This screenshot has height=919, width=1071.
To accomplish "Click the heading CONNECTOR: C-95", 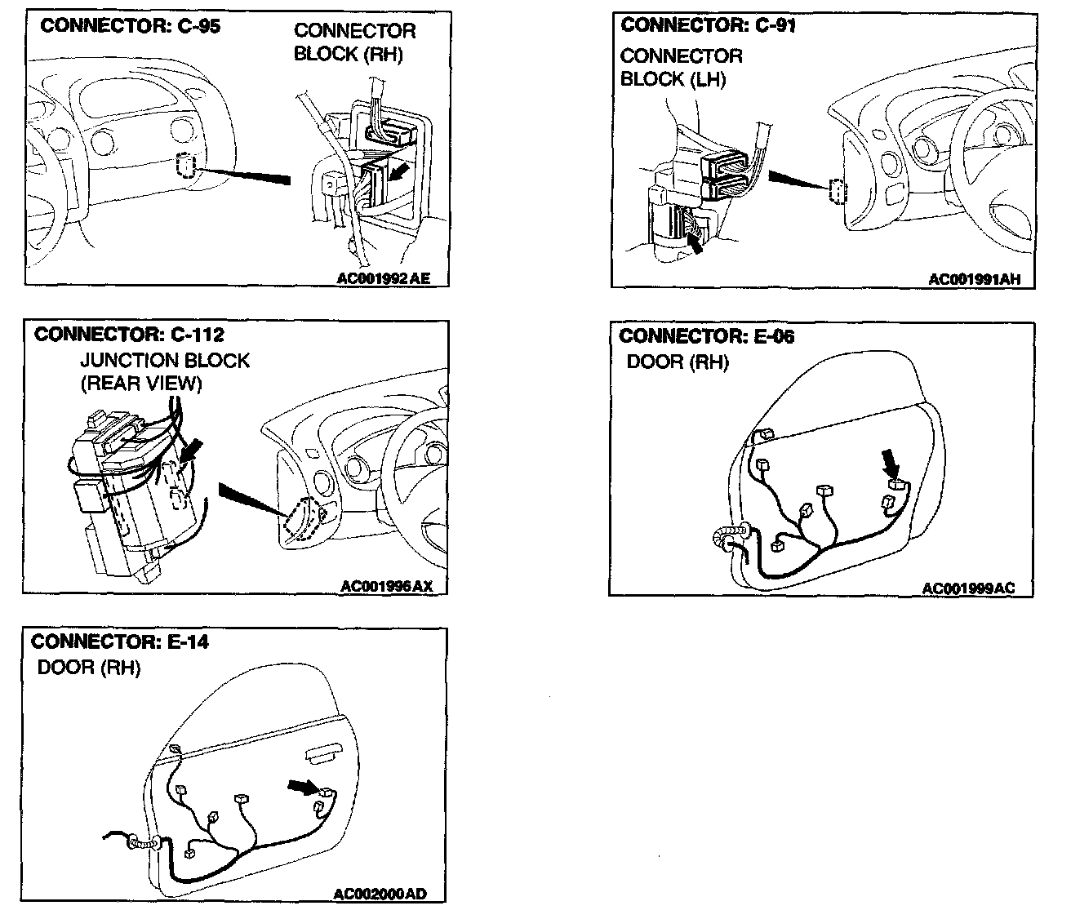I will pyautogui.click(x=131, y=25).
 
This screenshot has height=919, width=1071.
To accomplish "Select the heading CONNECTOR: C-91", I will pyautogui.click(x=708, y=25).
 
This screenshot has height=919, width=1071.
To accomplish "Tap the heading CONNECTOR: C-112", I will pyautogui.click(x=129, y=335).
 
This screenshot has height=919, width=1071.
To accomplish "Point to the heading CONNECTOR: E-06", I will pyautogui.click(x=707, y=336).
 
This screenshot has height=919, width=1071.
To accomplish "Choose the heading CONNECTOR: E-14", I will pyautogui.click(x=119, y=642).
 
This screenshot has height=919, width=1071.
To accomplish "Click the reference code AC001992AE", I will pyautogui.click(x=382, y=278).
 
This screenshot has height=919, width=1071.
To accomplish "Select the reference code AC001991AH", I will pyautogui.click(x=974, y=279).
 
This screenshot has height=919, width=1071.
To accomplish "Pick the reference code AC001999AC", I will pyautogui.click(x=968, y=588).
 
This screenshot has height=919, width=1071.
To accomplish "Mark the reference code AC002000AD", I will pyautogui.click(x=380, y=894).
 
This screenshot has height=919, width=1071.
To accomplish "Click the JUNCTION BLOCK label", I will pyautogui.click(x=164, y=361).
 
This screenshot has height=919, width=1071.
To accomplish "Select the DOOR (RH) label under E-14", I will pyautogui.click(x=89, y=668).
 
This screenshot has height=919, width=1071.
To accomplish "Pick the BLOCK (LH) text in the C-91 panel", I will pyautogui.click(x=673, y=79).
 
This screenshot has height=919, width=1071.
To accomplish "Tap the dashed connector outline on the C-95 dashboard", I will pyautogui.click(x=185, y=166).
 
